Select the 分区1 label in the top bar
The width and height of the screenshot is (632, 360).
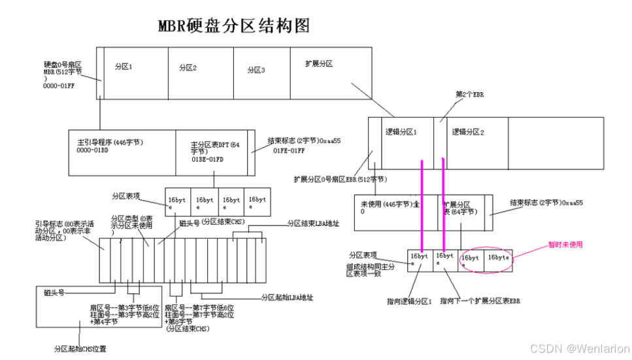point(124,67)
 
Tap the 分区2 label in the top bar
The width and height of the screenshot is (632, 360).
point(188,67)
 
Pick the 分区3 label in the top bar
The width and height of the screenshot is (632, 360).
point(256,70)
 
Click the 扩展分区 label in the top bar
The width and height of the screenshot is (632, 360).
point(319,64)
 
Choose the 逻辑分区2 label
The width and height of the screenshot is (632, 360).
point(467,131)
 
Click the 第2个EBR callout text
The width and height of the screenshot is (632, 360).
point(469,95)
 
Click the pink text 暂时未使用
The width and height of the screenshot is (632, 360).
point(565,245)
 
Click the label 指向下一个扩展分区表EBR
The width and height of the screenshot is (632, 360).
point(480,301)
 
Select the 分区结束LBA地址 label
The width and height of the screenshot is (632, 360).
point(314,223)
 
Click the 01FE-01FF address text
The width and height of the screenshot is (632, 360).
point(288,150)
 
